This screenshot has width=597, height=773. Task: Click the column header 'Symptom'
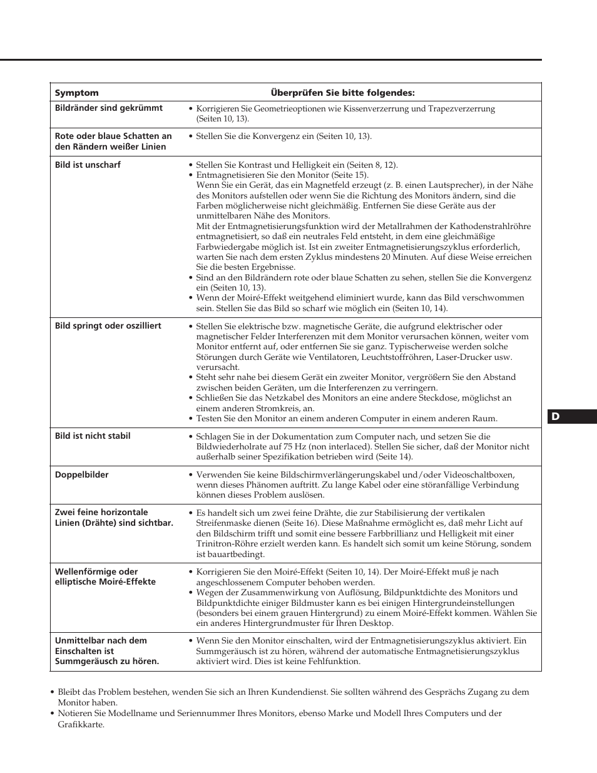[x=77, y=93]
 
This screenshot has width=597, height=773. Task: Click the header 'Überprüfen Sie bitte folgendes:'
[x=342, y=93]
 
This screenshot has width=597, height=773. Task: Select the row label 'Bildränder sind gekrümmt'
[x=108, y=108]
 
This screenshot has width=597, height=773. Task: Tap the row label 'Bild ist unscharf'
[x=88, y=165]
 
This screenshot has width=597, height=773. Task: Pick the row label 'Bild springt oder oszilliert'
[x=108, y=325]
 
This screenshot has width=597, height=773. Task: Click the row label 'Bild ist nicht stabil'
[x=93, y=436]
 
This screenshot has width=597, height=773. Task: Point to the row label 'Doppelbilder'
[x=81, y=474]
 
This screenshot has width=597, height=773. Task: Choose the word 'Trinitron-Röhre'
[x=225, y=544]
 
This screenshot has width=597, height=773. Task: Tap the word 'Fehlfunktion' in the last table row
[x=334, y=662]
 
